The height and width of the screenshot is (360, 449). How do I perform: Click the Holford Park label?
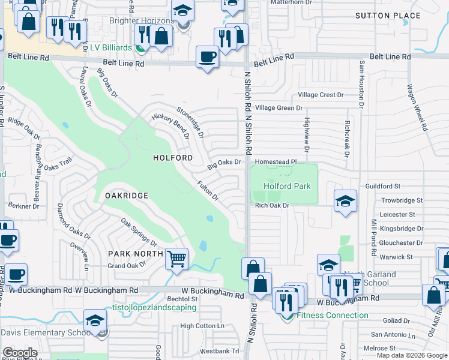pos(287,186)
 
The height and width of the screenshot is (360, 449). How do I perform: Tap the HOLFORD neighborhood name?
pos(173,158)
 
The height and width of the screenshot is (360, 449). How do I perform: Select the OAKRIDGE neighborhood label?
pos(126,196)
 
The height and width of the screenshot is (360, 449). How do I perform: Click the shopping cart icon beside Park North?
pos(176,260)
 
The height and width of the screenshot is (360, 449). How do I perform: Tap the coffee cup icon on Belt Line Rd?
pos(208,58)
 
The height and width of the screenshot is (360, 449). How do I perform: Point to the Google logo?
pos(20,352)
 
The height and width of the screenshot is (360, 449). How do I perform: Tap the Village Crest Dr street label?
pos(321,95)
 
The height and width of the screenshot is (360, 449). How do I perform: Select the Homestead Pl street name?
pos(276,162)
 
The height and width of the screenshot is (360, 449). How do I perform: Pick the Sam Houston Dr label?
pos(362,84)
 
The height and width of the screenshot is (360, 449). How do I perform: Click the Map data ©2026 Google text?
pos(412,355)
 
